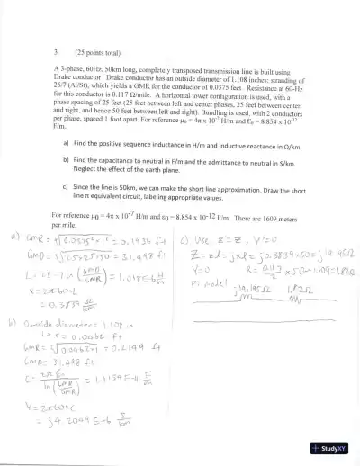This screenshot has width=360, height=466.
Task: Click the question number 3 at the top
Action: [x=56, y=52]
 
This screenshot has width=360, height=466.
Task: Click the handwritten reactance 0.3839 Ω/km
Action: [x=94, y=304]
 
